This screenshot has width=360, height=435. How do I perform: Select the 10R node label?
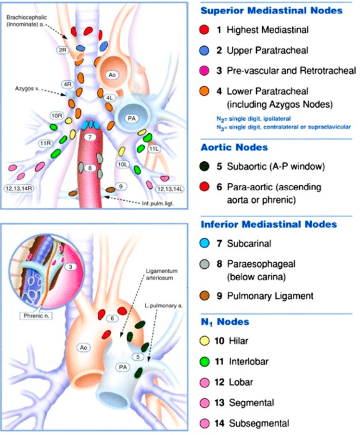click(56, 116)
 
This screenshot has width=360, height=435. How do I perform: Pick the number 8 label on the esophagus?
click(91, 168)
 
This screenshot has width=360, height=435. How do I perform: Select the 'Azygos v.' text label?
click(27, 86)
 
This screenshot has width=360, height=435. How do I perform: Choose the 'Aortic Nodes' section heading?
click(234, 147)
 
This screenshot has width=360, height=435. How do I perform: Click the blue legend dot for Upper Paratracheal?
click(205, 50)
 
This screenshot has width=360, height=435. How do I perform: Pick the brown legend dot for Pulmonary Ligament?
click(205, 296)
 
